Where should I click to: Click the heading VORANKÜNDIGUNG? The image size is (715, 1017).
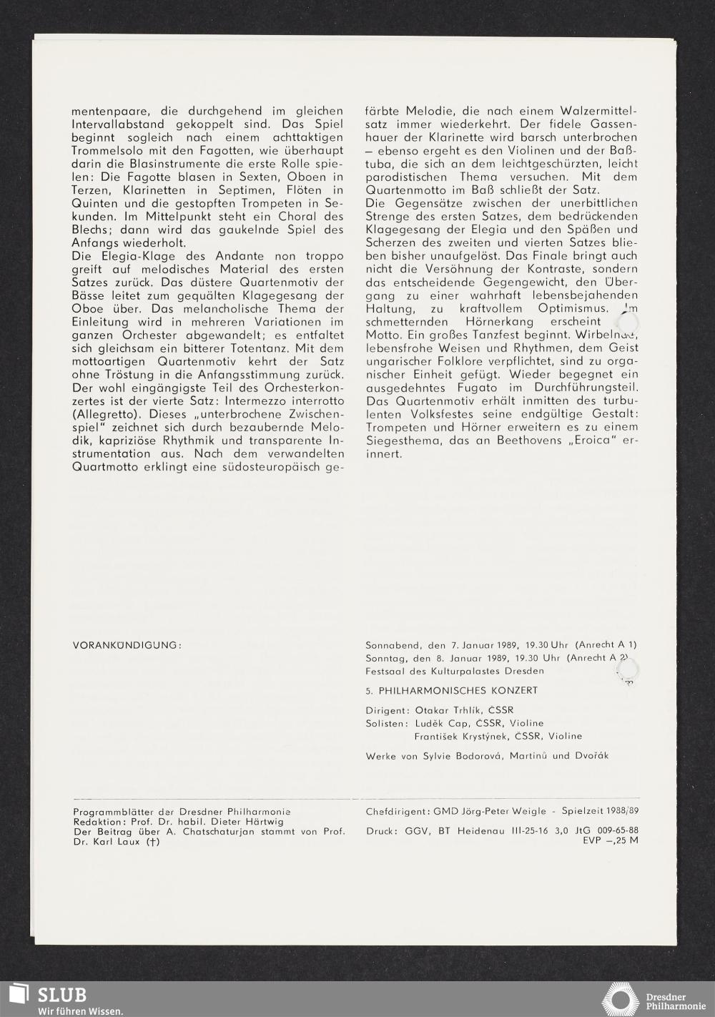coord(127,645)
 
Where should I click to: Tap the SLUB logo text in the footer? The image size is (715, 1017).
coord(62,995)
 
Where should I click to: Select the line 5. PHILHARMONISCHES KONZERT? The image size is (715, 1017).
coord(451,691)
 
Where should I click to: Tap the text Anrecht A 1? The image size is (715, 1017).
coord(606,644)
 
